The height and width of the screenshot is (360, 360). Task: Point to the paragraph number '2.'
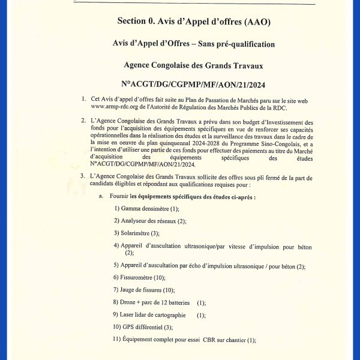[x=83, y=122]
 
